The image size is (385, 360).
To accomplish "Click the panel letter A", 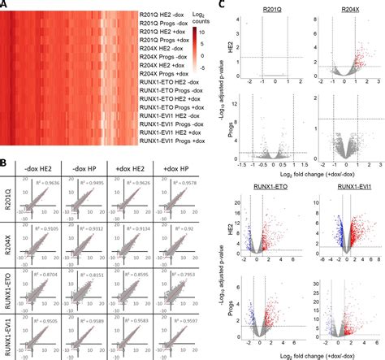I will tap(5, 5).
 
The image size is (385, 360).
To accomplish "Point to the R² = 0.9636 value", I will tap(52, 183).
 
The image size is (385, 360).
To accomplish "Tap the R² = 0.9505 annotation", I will tap(52, 321).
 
